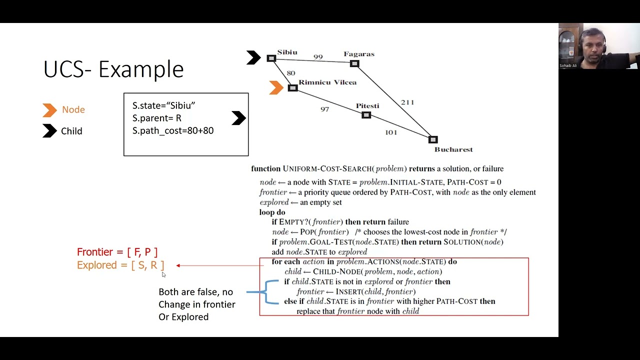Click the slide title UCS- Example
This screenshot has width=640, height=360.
(113, 69)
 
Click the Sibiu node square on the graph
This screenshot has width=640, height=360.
(271, 58)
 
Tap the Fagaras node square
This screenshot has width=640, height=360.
(354, 63)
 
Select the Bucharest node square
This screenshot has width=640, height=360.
(433, 139)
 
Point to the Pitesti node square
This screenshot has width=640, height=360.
(366, 115)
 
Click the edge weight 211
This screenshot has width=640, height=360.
(407, 102)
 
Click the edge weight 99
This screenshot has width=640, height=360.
(318, 57)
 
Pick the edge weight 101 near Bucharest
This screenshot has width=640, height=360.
(390, 132)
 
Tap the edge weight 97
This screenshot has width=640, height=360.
(324, 109)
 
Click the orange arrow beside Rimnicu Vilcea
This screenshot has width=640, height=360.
(276, 87)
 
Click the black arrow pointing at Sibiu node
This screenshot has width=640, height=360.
(253, 57)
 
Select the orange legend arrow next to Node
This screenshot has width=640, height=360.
(49, 110)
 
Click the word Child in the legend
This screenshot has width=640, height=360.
(71, 131)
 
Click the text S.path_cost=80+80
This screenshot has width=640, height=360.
(172, 130)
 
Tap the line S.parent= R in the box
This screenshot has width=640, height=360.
(156, 118)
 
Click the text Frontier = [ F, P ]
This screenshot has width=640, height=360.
(117, 252)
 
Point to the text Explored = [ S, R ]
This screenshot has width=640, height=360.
(120, 265)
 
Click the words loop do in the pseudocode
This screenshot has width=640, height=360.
(272, 212)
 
